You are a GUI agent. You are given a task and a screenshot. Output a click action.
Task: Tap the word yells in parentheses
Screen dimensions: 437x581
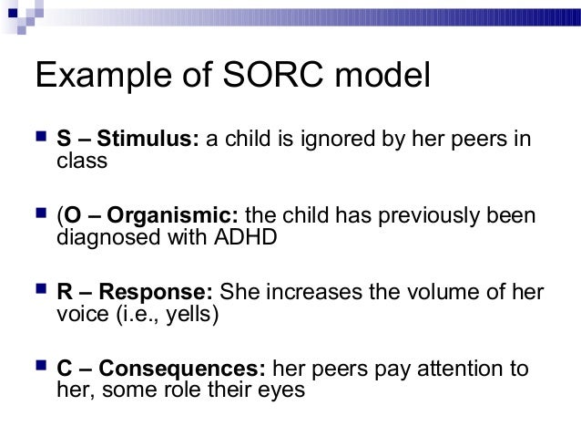point(190,316)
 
